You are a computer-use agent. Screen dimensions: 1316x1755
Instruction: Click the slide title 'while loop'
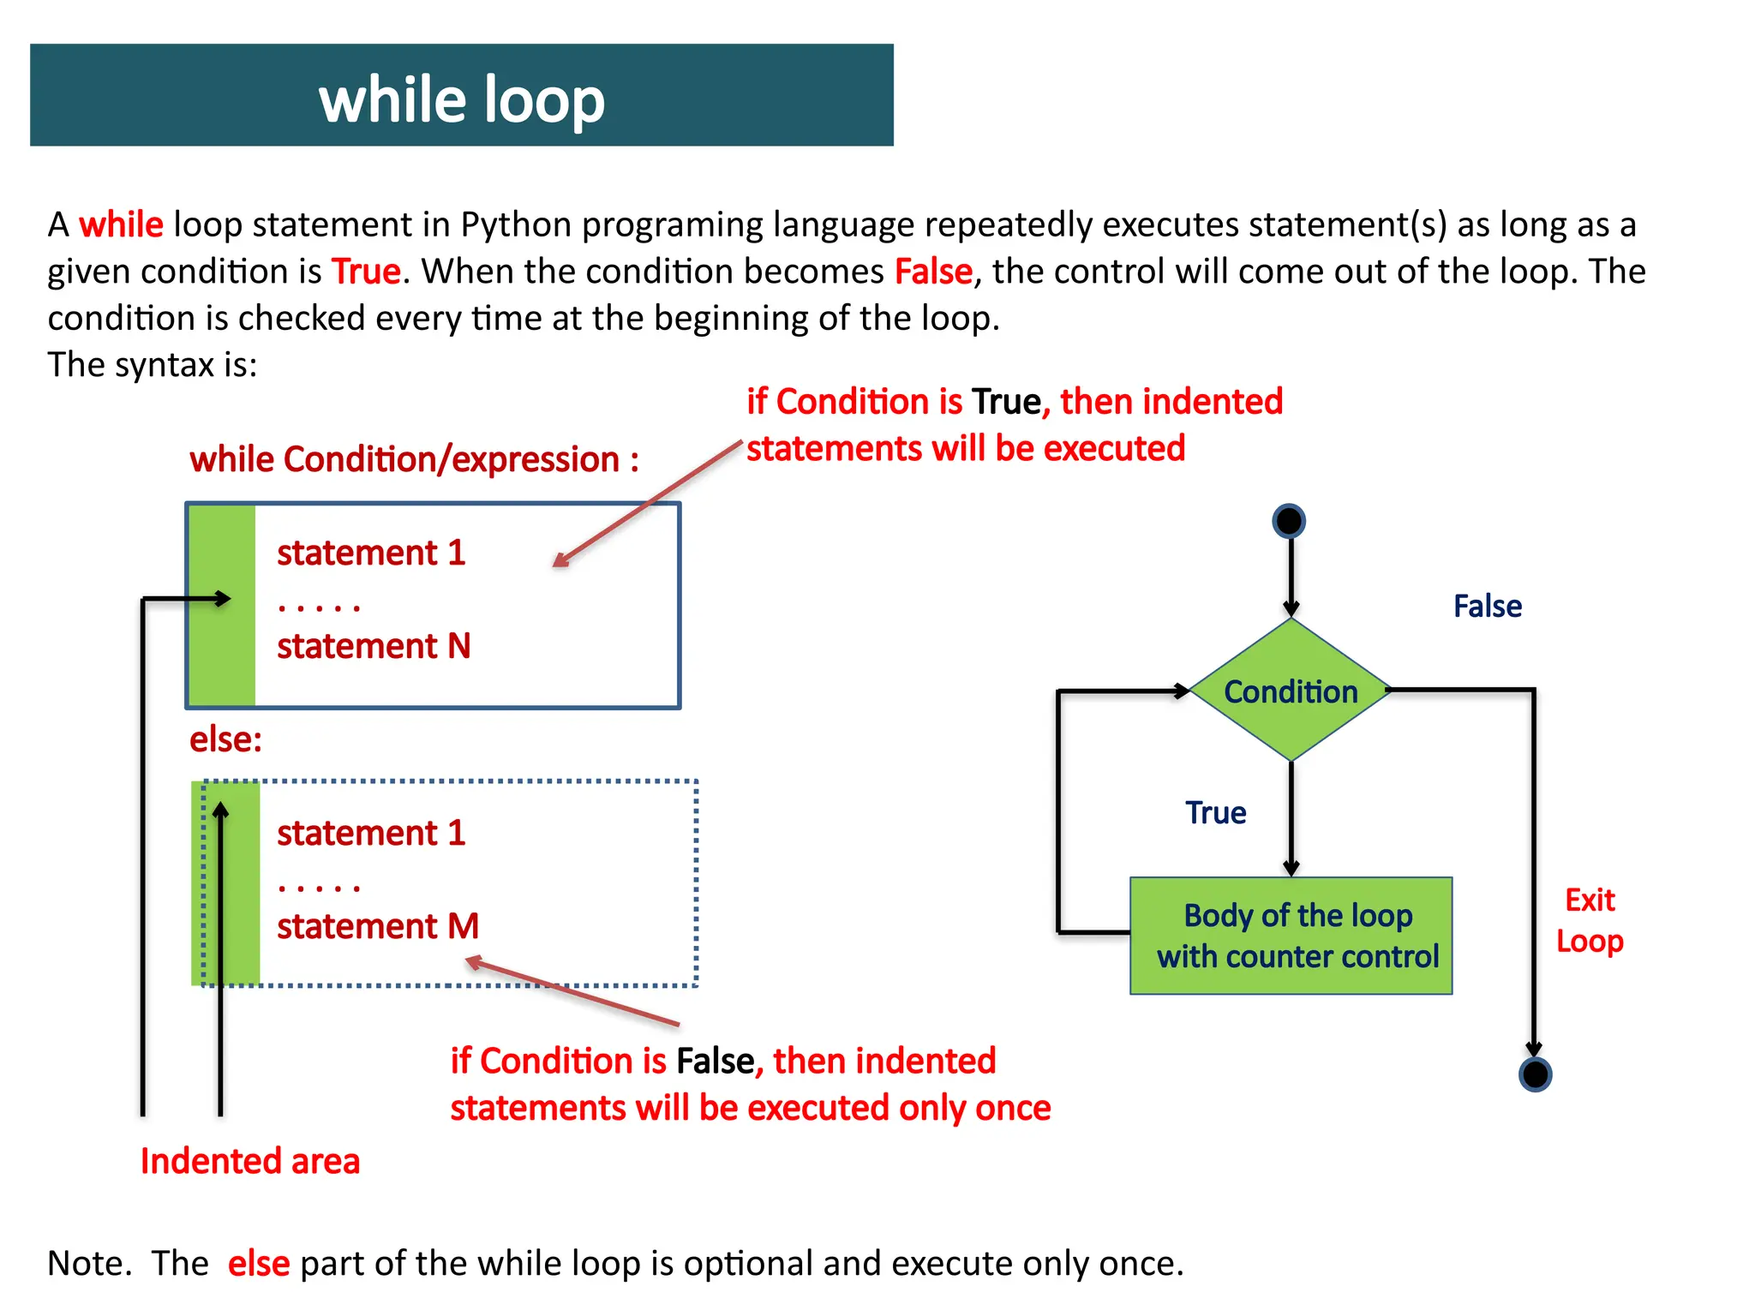click(x=462, y=99)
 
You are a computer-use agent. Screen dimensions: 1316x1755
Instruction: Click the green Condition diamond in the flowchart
click(x=1291, y=691)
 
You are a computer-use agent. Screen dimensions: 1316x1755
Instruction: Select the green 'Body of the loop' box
click(x=1291, y=936)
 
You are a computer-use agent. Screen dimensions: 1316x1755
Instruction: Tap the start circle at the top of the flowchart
click(x=1289, y=521)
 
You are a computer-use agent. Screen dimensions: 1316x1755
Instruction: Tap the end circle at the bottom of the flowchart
click(x=1535, y=1074)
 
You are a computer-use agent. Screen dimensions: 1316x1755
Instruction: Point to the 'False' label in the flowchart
click(x=1488, y=607)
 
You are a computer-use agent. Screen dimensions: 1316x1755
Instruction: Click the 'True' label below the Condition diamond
click(x=1215, y=813)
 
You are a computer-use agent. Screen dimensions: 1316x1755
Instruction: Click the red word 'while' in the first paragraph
click(x=121, y=224)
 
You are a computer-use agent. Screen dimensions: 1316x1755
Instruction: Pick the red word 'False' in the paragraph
click(x=933, y=272)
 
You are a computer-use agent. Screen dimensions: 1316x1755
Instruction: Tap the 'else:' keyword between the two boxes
click(x=225, y=739)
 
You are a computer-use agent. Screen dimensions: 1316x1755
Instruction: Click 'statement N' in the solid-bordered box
click(x=374, y=646)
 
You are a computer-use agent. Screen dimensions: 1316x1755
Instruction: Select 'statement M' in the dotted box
click(x=377, y=926)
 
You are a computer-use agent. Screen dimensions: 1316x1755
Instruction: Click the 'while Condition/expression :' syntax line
click(x=414, y=460)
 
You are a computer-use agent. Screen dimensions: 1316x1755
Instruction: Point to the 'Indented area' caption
click(x=250, y=1162)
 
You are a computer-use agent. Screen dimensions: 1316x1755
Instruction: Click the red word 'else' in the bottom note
click(x=259, y=1264)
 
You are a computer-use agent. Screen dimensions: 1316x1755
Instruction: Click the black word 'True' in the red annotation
click(x=1007, y=402)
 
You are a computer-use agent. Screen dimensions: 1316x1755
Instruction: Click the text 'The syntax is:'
click(x=153, y=365)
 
